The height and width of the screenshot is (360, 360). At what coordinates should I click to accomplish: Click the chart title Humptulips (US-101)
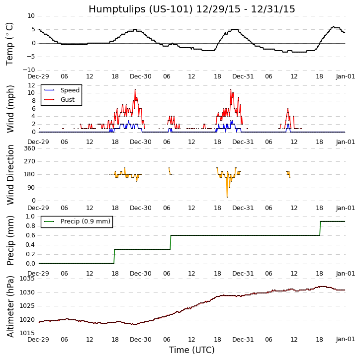[x=191, y=9]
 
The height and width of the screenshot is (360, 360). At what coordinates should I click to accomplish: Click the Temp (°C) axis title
[x=10, y=44]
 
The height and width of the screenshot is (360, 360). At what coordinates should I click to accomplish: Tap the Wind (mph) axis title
[x=10, y=109]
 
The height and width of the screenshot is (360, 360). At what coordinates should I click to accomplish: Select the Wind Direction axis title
[x=10, y=174]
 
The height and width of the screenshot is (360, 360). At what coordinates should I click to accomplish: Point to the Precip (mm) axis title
[x=10, y=240]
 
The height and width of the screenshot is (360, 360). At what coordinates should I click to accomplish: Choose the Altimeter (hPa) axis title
[x=10, y=306]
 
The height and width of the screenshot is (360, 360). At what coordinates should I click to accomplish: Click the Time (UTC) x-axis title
[x=191, y=350]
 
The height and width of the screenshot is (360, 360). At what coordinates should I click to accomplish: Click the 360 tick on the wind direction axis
[x=29, y=148]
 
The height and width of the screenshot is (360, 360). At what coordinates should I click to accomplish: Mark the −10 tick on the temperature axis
[x=28, y=70]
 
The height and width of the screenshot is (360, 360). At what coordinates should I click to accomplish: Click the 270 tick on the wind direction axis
[x=29, y=161]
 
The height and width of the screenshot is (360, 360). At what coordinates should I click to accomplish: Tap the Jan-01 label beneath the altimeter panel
[x=345, y=339]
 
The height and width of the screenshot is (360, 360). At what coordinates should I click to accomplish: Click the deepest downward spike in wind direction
[x=227, y=197]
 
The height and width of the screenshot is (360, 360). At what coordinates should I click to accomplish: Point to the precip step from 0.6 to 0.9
[x=320, y=228]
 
